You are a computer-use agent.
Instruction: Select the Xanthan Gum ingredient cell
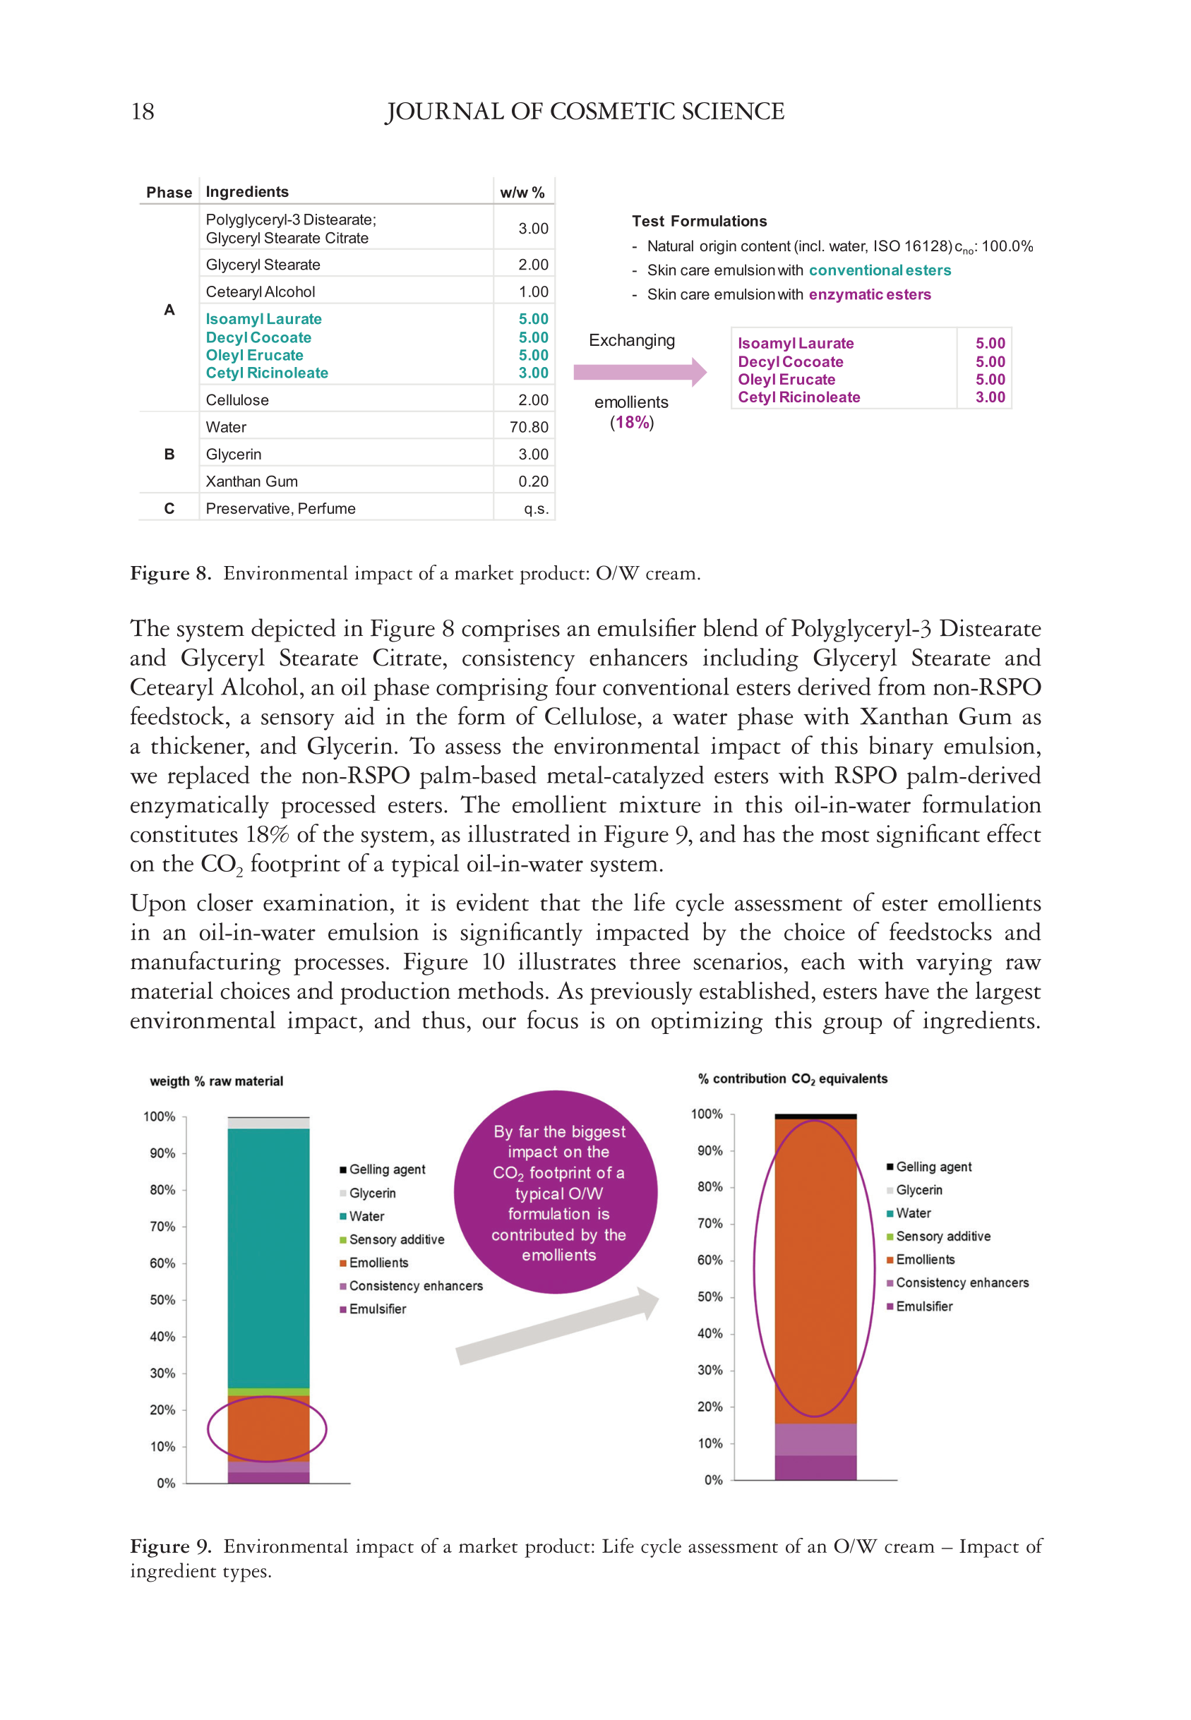(x=251, y=481)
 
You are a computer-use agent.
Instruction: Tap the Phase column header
(x=169, y=193)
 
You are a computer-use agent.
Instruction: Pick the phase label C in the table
(x=169, y=509)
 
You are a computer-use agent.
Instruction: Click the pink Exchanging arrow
(x=639, y=371)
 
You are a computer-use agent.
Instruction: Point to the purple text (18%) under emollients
(x=631, y=422)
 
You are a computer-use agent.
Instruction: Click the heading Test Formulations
(x=699, y=221)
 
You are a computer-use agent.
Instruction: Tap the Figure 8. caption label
(x=170, y=573)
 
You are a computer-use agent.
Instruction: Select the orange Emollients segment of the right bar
(x=815, y=1268)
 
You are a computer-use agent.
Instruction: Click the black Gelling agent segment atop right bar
(x=815, y=1117)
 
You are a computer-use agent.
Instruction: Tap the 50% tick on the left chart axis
(x=162, y=1299)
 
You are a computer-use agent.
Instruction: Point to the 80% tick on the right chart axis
(x=710, y=1186)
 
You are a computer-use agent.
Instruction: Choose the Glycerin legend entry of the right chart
(x=918, y=1190)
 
